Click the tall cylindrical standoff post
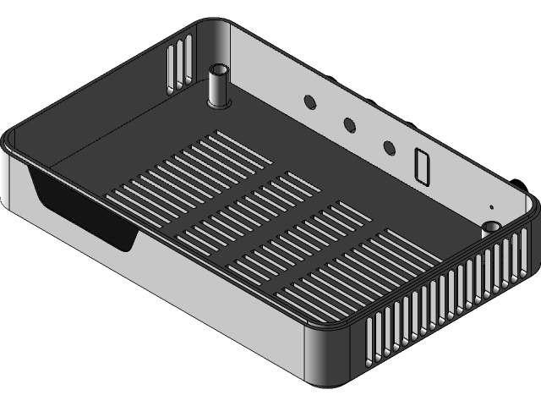219,85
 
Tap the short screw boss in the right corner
491,228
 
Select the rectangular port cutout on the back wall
422,166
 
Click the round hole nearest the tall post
309,101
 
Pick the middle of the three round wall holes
348,124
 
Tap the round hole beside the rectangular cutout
389,148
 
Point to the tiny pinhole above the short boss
490,206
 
